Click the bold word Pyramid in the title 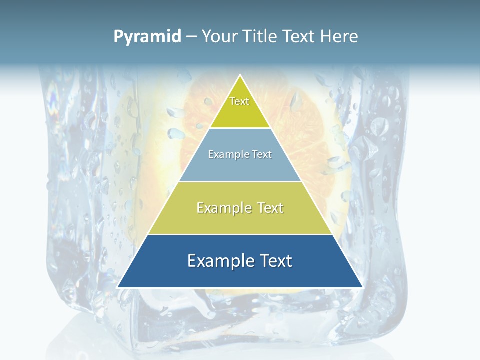[x=147, y=36]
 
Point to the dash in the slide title [x=191, y=37]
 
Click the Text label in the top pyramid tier [x=239, y=101]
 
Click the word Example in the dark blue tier [x=218, y=261]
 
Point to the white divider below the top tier [x=240, y=128]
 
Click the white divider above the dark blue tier [x=240, y=234]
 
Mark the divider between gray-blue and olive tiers [x=240, y=181]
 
